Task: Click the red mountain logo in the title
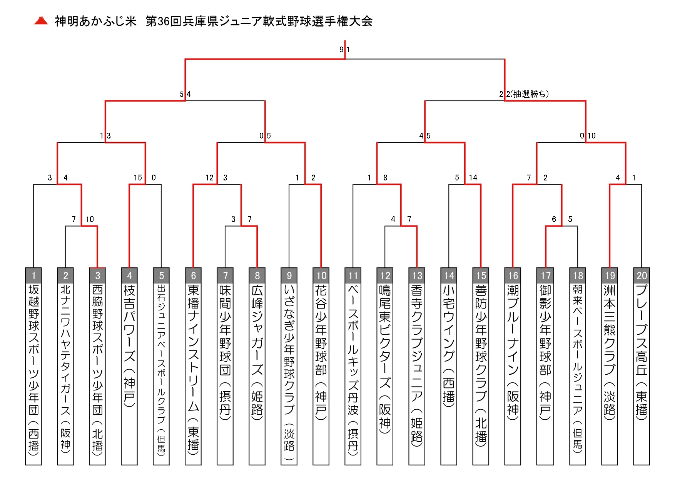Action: click(41, 21)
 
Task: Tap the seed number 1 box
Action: click(33, 275)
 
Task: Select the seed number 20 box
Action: click(642, 275)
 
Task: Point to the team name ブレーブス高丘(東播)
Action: click(642, 352)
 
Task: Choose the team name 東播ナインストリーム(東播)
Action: click(193, 369)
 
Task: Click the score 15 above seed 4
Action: click(138, 178)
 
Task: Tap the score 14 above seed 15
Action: click(473, 178)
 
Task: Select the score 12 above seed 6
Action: click(209, 178)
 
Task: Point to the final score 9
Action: click(341, 50)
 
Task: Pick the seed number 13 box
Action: click(417, 275)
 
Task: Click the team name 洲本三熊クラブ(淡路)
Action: click(610, 352)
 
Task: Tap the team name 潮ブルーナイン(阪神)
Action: click(513, 352)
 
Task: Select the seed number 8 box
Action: click(257, 275)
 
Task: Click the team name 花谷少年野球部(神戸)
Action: click(321, 352)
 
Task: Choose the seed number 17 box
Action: click(546, 275)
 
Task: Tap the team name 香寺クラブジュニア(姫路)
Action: click(417, 365)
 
